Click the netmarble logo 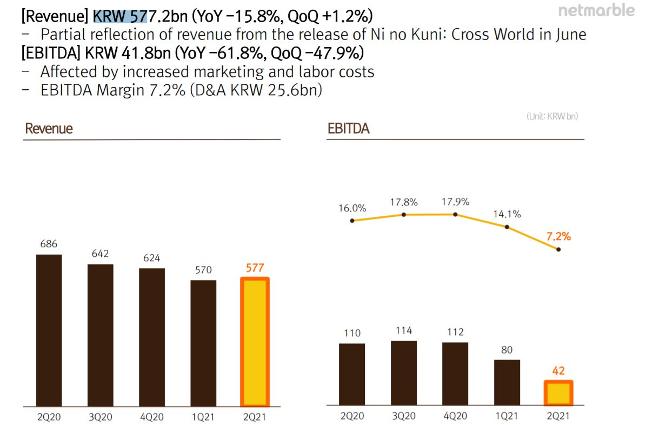click(596, 10)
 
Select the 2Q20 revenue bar click(49, 330)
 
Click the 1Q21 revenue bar click(203, 343)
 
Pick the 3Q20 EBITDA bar click(404, 373)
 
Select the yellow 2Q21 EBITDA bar click(558, 393)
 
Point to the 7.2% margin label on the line click(558, 236)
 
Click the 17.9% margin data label click(455, 202)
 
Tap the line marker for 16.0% click(352, 221)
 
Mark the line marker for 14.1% click(507, 227)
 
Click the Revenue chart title click(49, 129)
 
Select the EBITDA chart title click(349, 129)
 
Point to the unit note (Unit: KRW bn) click(552, 116)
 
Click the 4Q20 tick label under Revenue click(152, 417)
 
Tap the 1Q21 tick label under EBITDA click(507, 416)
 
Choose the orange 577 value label click(255, 268)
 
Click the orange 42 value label click(558, 371)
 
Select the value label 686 click(49, 244)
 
